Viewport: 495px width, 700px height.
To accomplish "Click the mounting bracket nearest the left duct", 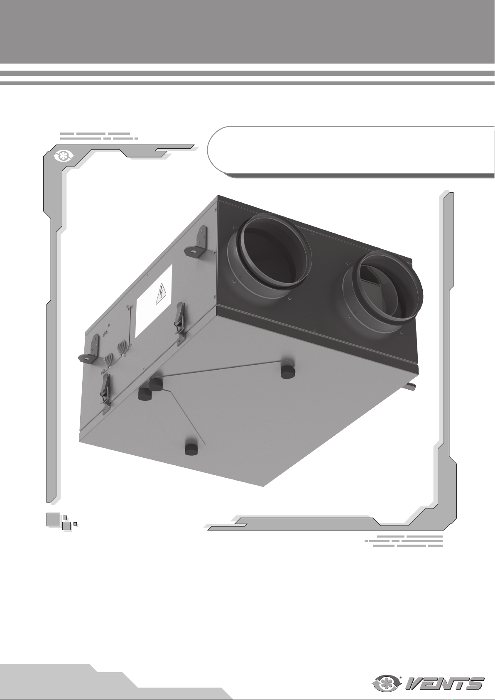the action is tap(197, 242).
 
